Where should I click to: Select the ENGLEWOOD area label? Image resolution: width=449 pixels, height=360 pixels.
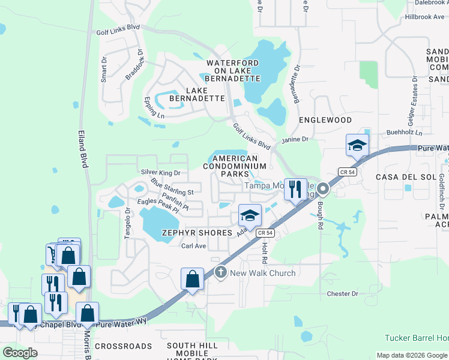click(325, 120)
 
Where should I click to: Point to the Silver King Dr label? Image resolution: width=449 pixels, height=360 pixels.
click(160, 173)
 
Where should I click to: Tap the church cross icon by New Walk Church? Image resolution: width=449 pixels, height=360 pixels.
click(221, 273)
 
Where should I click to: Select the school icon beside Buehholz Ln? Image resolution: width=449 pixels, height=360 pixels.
click(357, 145)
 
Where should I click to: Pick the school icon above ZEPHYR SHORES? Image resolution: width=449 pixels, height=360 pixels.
click(250, 214)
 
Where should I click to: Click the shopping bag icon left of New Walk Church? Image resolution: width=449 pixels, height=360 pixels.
click(192, 280)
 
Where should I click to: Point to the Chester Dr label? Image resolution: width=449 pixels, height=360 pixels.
click(342, 294)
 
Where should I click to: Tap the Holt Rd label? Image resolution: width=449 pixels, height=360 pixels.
click(264, 252)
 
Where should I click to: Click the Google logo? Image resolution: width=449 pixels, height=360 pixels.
click(20, 352)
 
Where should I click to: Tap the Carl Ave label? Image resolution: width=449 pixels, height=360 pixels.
click(194, 246)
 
